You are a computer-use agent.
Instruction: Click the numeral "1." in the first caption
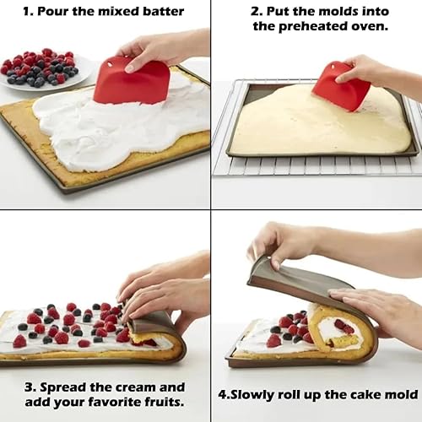[x=29, y=12]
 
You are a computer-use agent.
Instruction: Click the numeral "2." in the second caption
[x=257, y=12]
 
